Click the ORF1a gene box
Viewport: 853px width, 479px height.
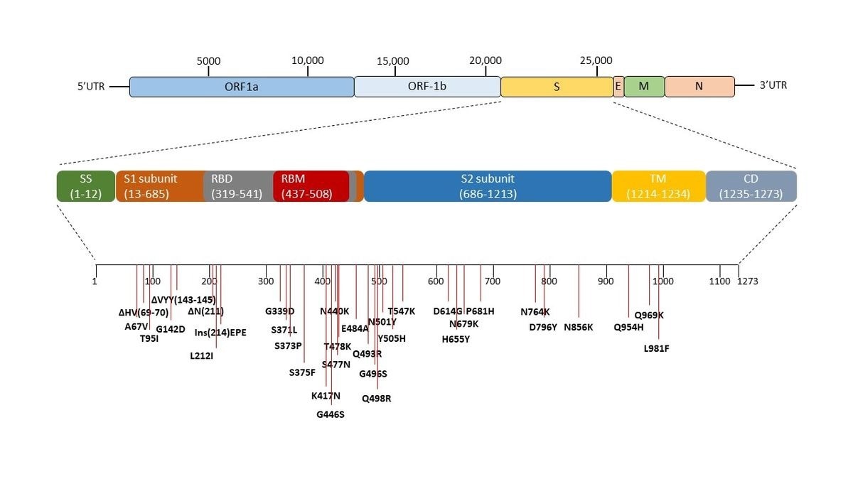click(x=242, y=87)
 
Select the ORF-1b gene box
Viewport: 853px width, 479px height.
click(x=427, y=87)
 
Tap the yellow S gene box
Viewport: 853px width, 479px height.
click(x=557, y=87)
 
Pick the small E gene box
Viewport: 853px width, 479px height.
click(x=618, y=87)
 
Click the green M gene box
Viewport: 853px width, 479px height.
click(x=644, y=87)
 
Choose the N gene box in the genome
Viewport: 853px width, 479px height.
click(x=699, y=87)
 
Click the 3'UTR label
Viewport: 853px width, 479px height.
click(x=773, y=86)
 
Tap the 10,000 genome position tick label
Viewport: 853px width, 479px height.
click(x=308, y=61)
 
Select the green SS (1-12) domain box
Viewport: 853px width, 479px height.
click(x=85, y=186)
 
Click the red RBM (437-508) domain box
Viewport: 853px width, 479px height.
click(x=311, y=186)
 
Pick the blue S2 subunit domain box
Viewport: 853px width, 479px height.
click(x=487, y=186)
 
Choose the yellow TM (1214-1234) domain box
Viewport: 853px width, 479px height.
click(x=658, y=186)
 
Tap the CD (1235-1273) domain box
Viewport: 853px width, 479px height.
click(x=751, y=186)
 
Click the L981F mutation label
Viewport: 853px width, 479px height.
click(x=656, y=348)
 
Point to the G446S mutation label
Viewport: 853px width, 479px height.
click(x=331, y=414)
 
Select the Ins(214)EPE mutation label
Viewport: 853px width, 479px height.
click(x=220, y=332)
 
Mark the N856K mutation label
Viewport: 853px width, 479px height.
click(x=578, y=328)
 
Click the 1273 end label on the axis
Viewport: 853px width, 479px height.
click(x=748, y=281)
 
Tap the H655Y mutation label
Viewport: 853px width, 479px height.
click(x=456, y=339)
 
